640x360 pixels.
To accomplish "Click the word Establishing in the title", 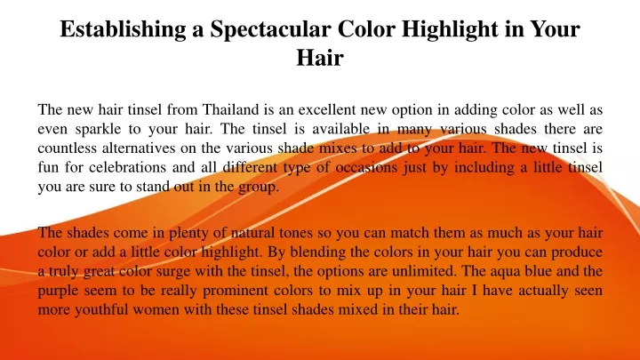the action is [123, 29].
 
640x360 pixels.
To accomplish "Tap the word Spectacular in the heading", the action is [270, 29].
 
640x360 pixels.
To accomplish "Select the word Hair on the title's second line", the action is [320, 58].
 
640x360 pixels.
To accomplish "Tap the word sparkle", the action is [98, 129].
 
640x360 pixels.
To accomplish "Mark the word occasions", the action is [366, 167].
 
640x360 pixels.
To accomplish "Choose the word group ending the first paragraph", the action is [259, 188].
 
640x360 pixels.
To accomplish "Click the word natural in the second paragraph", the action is [252, 233].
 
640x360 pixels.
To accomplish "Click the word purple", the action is [59, 291].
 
